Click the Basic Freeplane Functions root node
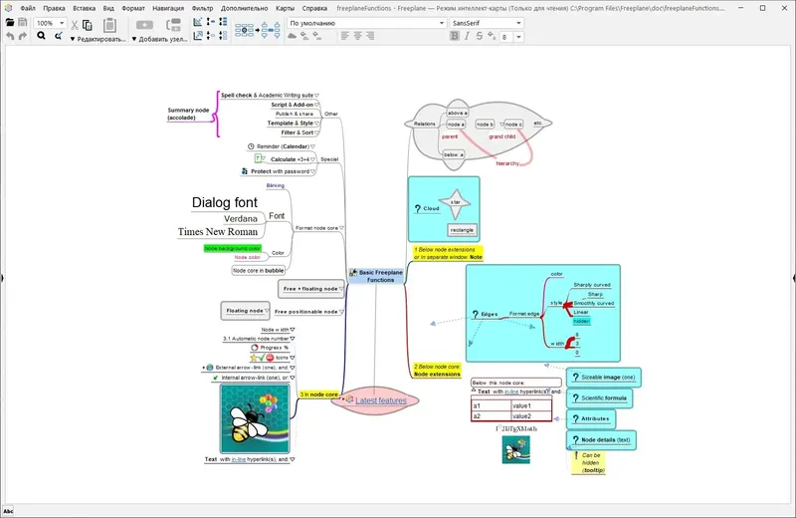pos(380,276)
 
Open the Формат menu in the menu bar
pos(132,8)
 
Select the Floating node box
pos(244,311)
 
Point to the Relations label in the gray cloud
pos(426,124)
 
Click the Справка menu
pos(314,8)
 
